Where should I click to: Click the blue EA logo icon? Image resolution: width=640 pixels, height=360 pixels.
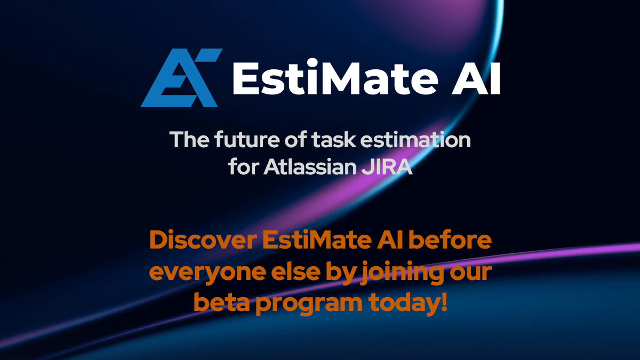click(x=180, y=78)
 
